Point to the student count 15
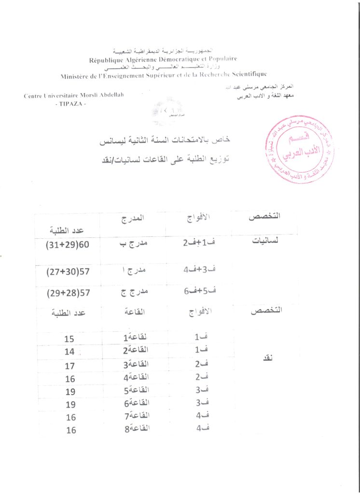[x=69, y=339]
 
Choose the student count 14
[x=69, y=352]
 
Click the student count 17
[x=69, y=366]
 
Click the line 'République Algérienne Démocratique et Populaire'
[x=163, y=60]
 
